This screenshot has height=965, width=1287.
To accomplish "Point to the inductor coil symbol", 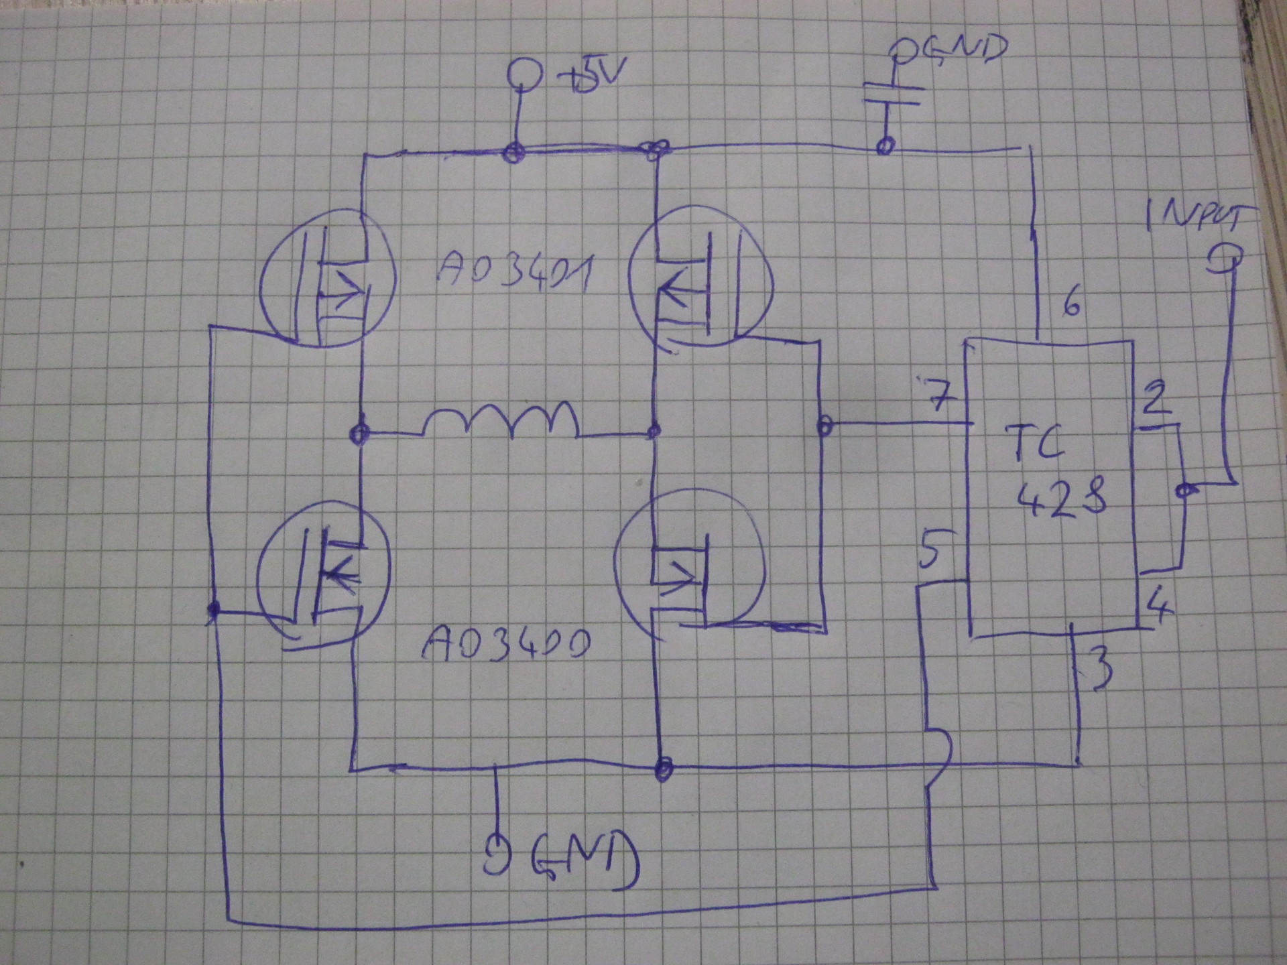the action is point(503,420).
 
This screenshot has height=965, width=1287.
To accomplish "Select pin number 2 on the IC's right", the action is point(1157,398).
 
